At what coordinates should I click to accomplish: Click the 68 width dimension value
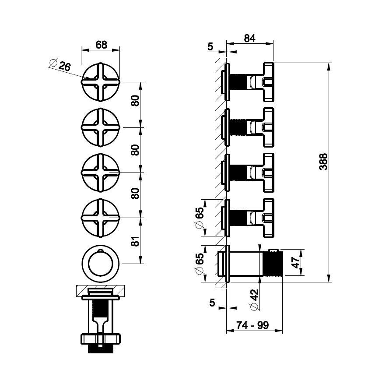101,45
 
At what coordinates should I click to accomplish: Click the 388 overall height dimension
323,162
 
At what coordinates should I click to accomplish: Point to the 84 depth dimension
249,39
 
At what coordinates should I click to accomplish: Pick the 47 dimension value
295,263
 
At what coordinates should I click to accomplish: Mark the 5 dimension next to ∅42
213,302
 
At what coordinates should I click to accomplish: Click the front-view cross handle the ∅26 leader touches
100,82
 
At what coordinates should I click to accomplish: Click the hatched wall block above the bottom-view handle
100,290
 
